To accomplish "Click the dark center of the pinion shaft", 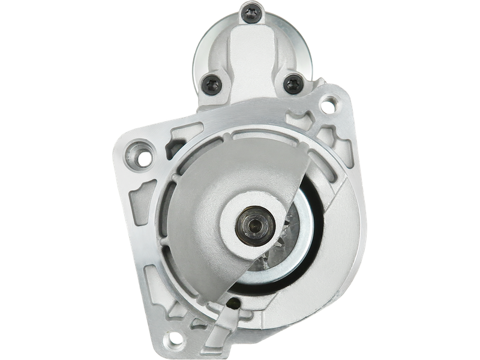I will (x=250, y=225).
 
